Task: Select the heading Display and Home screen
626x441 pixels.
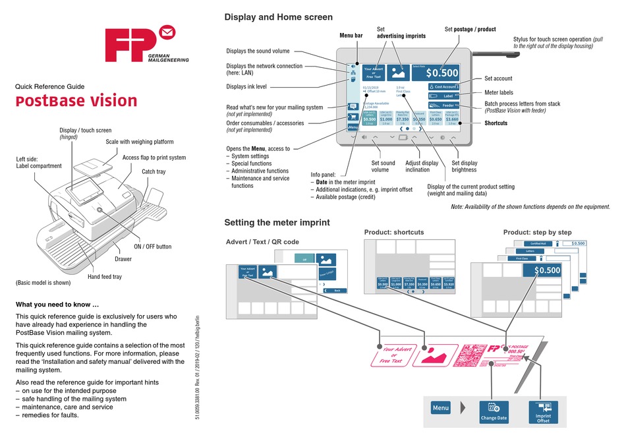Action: [x=278, y=17]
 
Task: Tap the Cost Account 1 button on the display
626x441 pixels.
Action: [x=443, y=86]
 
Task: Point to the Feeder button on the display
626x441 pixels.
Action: [x=443, y=105]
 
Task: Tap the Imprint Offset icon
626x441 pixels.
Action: [x=544, y=411]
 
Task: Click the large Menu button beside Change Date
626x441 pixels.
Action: [x=441, y=408]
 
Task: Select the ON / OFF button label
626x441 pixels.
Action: [x=152, y=247]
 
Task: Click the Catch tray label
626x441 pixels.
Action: [x=154, y=171]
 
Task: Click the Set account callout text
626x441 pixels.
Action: [x=498, y=78]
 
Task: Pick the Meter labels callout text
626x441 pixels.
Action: [x=498, y=93]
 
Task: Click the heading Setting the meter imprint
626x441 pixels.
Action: [x=277, y=222]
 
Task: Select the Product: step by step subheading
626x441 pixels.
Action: [x=537, y=232]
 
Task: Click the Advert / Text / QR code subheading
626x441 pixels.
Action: [x=262, y=242]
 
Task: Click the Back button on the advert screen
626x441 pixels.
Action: [x=334, y=290]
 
